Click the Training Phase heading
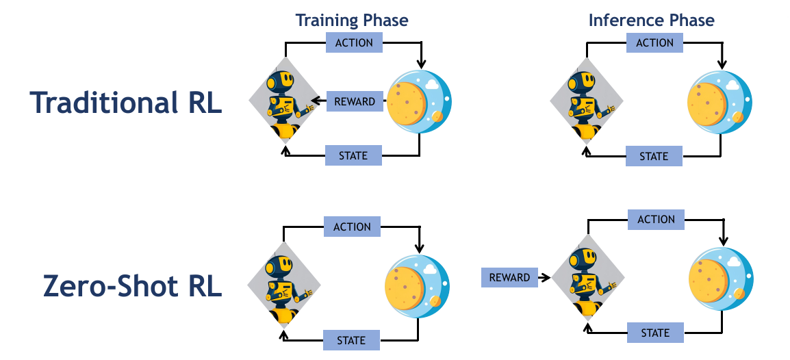352,20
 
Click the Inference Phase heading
651,20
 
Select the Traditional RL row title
126,103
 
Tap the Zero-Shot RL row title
132,286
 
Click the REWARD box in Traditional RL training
354,102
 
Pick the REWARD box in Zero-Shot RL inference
509,277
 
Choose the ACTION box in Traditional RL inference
654,42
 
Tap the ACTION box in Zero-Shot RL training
351,227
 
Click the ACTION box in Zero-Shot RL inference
656,220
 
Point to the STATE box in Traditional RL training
353,156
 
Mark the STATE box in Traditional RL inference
654,156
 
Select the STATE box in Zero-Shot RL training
351,340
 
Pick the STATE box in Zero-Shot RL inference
655,333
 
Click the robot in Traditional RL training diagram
283,103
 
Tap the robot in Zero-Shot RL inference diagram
586,280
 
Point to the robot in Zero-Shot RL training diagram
282,287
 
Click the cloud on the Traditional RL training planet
431,85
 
